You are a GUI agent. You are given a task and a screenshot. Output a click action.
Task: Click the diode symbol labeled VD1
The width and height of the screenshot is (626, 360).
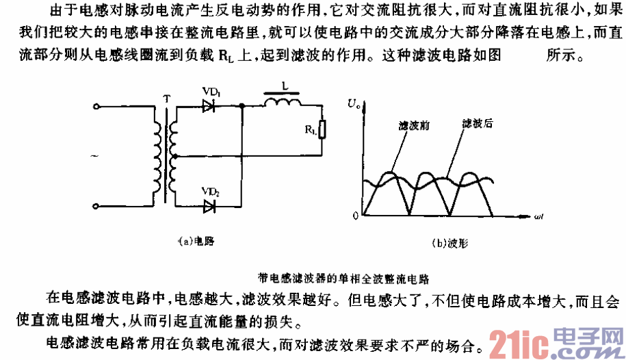click(209, 106)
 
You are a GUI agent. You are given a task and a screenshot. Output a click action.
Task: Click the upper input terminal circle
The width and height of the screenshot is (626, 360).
click(96, 107)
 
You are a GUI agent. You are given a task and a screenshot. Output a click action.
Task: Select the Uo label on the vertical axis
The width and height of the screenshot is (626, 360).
click(353, 104)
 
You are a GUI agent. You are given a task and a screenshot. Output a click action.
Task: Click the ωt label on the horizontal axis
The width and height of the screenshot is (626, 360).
click(538, 216)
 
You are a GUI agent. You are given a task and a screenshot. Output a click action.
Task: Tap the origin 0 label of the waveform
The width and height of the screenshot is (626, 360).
click(356, 216)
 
